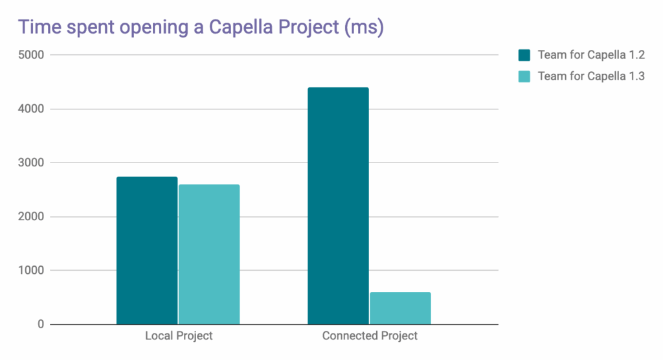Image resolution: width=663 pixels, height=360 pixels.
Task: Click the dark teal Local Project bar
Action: click(x=147, y=251)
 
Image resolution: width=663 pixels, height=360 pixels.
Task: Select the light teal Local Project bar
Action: click(x=209, y=254)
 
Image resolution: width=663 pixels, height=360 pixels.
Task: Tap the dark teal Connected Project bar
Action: click(x=338, y=206)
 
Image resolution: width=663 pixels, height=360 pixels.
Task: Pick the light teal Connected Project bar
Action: click(x=400, y=308)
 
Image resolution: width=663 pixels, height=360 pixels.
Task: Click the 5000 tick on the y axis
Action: click(x=31, y=55)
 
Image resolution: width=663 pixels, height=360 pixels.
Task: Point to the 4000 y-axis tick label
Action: click(x=31, y=109)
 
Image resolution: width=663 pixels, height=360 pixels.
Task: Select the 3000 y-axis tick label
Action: click(x=31, y=163)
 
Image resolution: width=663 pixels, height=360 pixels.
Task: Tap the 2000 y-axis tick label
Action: click(x=31, y=217)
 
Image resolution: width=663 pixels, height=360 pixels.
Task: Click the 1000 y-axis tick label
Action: click(x=31, y=271)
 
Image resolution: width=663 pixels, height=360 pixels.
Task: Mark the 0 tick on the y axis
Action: click(x=40, y=324)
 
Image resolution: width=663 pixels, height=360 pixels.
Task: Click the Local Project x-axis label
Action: click(x=179, y=336)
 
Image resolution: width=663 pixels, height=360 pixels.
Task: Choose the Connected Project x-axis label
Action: click(x=370, y=336)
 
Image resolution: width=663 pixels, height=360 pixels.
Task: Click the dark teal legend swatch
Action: click(x=524, y=55)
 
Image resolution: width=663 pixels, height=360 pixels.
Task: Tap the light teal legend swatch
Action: click(x=524, y=76)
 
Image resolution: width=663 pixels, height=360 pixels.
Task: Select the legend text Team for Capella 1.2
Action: click(x=590, y=55)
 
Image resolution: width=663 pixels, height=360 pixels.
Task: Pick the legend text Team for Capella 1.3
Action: click(x=590, y=76)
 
